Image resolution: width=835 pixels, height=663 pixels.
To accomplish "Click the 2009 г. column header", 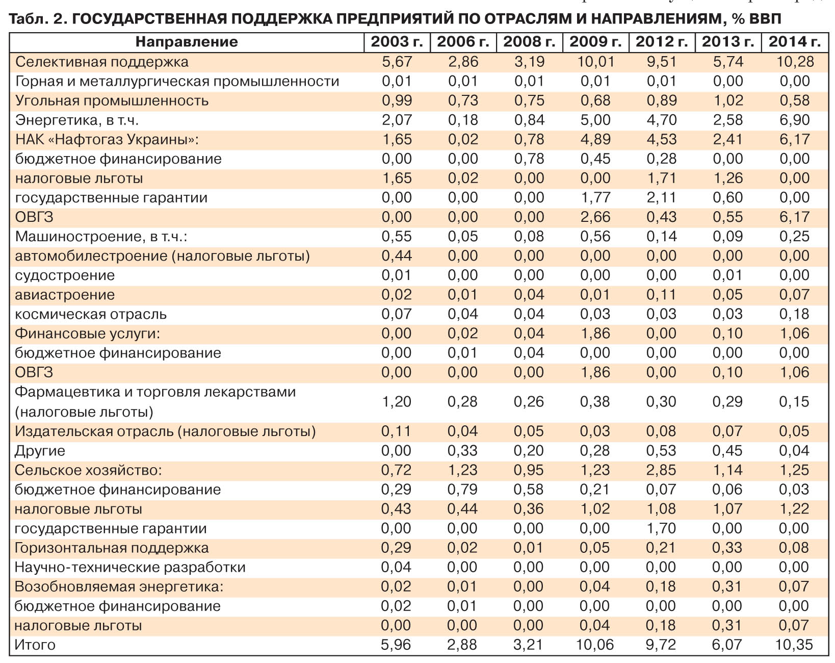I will (x=595, y=42).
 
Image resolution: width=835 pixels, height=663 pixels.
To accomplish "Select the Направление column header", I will (x=187, y=42).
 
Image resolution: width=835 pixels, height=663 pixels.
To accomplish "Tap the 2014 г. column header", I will (x=794, y=42).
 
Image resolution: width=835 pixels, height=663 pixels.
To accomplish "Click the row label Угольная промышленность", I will (x=112, y=100).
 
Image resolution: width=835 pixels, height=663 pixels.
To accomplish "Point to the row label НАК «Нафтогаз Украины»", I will (x=107, y=139).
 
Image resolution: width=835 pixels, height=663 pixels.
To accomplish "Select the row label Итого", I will (x=35, y=645).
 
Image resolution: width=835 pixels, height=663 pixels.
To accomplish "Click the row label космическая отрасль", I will (x=91, y=314).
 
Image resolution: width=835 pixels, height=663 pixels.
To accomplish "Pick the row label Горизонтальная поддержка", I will (x=112, y=548).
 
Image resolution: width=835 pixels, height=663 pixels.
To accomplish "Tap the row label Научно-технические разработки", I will (x=130, y=567).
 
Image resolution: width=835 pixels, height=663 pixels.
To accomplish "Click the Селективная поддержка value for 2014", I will (x=794, y=62).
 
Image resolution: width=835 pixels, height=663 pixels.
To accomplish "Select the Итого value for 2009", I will (x=595, y=645).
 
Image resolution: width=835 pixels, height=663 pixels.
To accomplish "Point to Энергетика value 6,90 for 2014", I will (x=794, y=120).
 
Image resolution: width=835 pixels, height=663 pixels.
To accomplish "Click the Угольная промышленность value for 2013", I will (x=728, y=100).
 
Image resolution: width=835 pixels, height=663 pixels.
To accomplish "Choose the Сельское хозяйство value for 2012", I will (x=662, y=470).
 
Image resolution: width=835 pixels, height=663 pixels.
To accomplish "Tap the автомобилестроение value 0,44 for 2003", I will (x=397, y=256).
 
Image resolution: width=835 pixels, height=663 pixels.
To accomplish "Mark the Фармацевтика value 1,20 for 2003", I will (x=397, y=401).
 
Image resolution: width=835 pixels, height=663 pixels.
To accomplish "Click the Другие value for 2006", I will (x=463, y=450).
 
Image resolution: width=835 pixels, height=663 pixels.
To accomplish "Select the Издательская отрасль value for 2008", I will (x=529, y=431).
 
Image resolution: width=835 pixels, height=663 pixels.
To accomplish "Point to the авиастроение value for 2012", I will (x=662, y=295).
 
